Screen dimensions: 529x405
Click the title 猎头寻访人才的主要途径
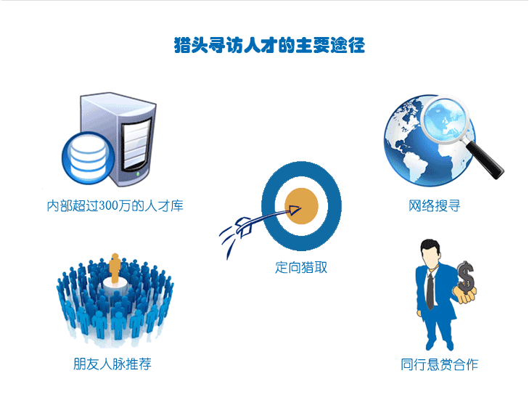click(269, 45)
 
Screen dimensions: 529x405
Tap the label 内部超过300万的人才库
click(115, 205)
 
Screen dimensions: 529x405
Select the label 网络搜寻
click(434, 205)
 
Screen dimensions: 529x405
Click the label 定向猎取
click(301, 267)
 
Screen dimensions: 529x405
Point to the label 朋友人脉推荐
click(112, 364)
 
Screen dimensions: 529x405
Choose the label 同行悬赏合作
click(439, 364)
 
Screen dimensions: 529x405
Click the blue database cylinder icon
click(89, 158)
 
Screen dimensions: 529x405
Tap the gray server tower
click(118, 139)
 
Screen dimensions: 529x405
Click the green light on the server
click(138, 173)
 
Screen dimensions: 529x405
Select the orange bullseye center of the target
click(301, 206)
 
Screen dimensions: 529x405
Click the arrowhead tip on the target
click(300, 208)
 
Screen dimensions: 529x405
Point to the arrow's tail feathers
click(244, 227)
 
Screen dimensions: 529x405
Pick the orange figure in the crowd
click(115, 268)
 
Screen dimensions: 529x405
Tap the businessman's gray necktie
click(430, 291)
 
